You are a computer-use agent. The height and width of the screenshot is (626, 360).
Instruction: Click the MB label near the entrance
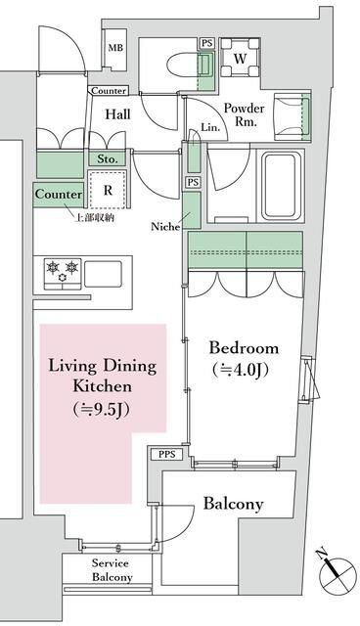[x=115, y=46]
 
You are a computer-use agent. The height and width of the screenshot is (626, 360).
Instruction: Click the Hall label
[x=118, y=114]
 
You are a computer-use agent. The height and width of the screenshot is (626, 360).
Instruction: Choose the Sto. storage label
[x=108, y=157]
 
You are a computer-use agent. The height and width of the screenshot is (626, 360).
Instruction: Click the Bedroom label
[x=244, y=348]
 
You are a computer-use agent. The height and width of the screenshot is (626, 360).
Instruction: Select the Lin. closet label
[x=210, y=126]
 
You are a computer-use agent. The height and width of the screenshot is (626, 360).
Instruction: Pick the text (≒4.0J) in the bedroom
[x=244, y=370]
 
